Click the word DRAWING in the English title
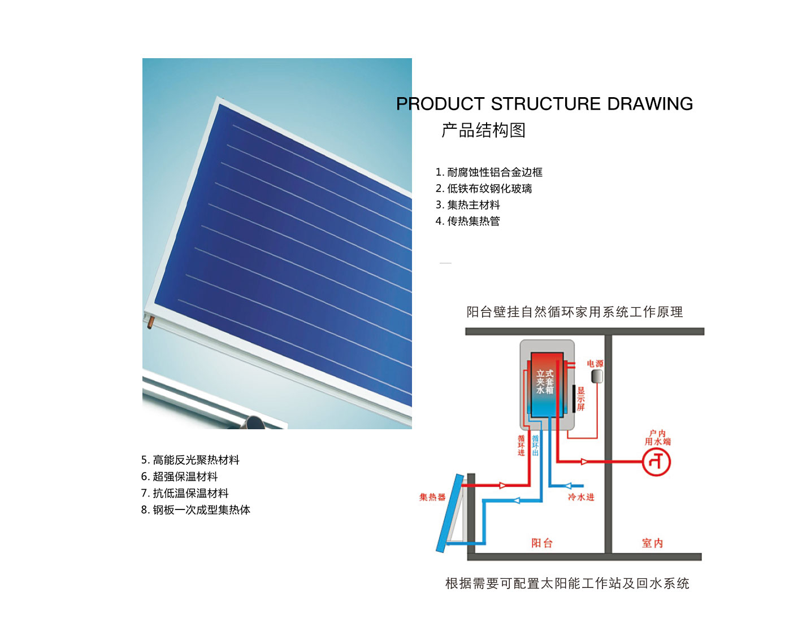tap(649, 104)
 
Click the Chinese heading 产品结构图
tap(484, 130)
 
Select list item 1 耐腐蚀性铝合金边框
tap(489, 172)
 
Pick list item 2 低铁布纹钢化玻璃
tap(484, 189)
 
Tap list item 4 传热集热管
tap(468, 221)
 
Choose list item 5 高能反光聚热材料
tap(190, 460)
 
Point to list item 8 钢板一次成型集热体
tap(196, 510)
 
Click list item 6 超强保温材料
tap(180, 477)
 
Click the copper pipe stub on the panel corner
tap(150, 324)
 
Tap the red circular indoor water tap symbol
tap(656, 463)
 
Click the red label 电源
tap(595, 364)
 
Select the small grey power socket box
tap(596, 377)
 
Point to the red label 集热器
tap(432, 497)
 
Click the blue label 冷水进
tap(581, 497)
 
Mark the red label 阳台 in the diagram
tap(541, 543)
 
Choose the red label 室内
tap(652, 543)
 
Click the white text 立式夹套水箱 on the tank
tap(545, 382)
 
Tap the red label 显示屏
tap(581, 399)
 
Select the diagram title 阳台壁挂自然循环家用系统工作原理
tap(574, 312)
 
